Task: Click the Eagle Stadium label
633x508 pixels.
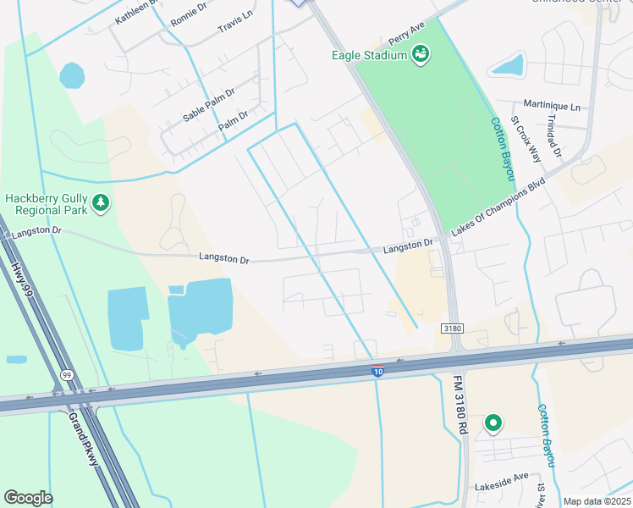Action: pyautogui.click(x=371, y=56)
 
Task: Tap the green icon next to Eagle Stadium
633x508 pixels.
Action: pyautogui.click(x=421, y=56)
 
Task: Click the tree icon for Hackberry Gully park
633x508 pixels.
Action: pyautogui.click(x=102, y=202)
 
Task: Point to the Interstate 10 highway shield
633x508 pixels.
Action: pyautogui.click(x=377, y=370)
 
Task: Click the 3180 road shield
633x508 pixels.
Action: pyautogui.click(x=453, y=328)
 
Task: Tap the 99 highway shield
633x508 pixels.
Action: pyautogui.click(x=67, y=373)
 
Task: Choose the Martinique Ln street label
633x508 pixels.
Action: pyautogui.click(x=553, y=108)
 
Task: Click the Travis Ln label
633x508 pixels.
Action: pyautogui.click(x=234, y=28)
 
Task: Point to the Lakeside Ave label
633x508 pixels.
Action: pyautogui.click(x=501, y=487)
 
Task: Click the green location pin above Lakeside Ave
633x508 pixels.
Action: pyautogui.click(x=492, y=422)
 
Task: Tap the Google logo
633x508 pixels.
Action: pyautogui.click(x=28, y=498)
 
